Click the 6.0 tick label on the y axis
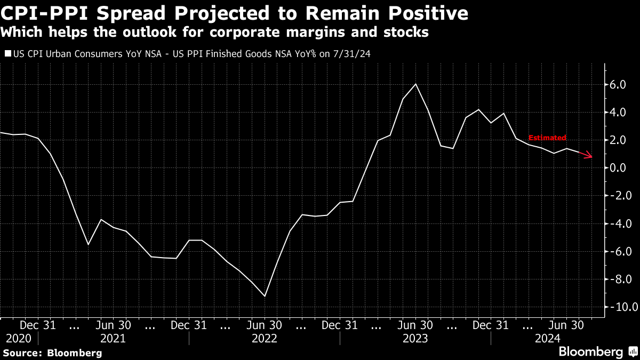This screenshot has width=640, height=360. point(621,85)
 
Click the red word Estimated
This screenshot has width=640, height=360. point(547,138)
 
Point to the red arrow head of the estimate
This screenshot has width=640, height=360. point(589,156)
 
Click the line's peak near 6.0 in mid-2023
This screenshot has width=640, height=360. point(415,84)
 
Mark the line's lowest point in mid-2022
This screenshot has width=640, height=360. point(265,296)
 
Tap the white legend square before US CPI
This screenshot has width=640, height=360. point(7,54)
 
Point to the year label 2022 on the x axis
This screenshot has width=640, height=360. point(264,339)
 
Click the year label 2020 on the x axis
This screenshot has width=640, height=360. point(19,339)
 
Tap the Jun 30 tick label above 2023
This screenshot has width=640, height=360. point(415,324)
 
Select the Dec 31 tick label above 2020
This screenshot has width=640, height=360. point(38,324)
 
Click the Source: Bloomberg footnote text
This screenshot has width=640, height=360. point(52,353)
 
